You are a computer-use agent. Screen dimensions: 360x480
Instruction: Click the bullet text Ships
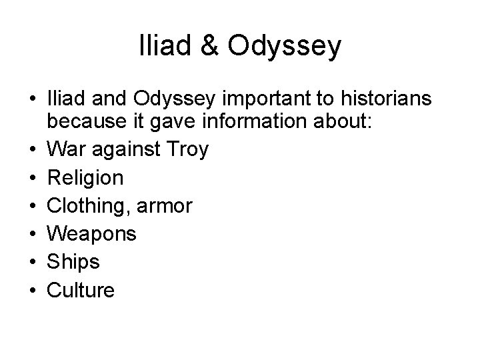point(73,263)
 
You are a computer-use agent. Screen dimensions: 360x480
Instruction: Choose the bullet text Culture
point(80,291)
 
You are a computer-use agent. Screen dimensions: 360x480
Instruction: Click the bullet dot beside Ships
point(31,263)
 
